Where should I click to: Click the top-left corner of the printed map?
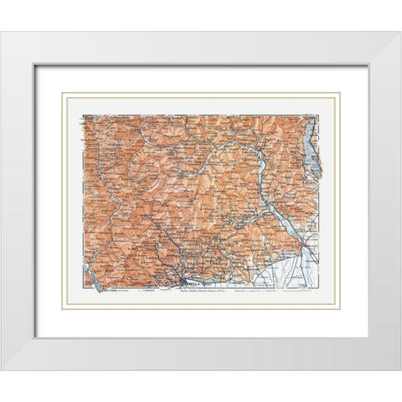click(x=82, y=115)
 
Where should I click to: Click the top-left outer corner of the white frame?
click(x=2, y=32)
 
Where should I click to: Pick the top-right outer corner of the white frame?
click(x=400, y=32)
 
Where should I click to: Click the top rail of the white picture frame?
click(x=201, y=47)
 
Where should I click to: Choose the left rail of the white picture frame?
click(x=17, y=201)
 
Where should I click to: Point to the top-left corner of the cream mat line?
click(x=63, y=93)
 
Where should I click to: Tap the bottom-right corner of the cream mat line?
click(x=339, y=309)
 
